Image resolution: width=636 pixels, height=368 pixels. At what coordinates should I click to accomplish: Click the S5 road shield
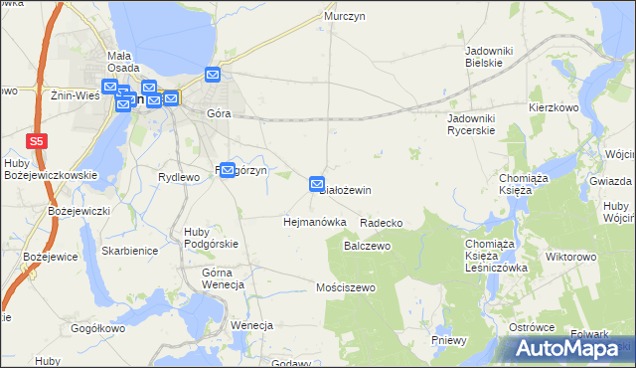37,141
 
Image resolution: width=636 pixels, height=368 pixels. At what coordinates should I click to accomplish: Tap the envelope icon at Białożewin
317,184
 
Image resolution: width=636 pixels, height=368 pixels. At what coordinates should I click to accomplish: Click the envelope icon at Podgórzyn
227,170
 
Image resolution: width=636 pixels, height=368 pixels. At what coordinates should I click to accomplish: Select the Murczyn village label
340,17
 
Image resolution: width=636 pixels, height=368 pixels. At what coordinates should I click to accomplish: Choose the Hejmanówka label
314,222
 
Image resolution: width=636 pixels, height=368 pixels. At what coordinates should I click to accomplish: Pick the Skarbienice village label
129,251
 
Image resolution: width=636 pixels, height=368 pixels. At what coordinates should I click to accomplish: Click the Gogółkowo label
95,327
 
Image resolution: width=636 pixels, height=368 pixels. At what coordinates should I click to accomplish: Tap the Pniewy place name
449,340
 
